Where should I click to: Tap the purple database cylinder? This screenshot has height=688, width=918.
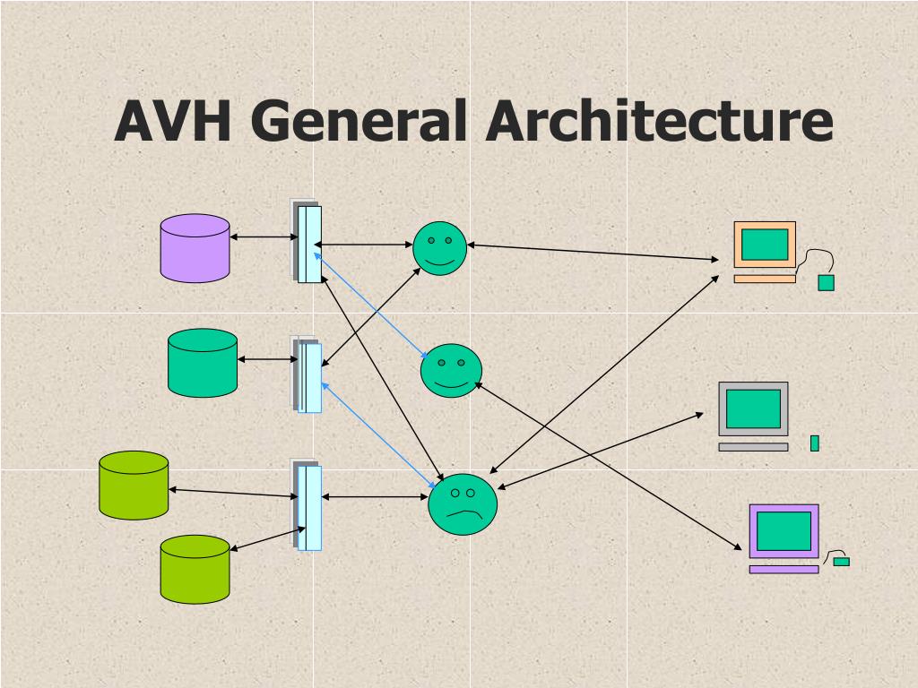(195, 248)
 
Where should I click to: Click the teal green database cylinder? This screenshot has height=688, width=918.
(203, 363)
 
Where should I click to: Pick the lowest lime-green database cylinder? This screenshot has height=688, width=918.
(195, 569)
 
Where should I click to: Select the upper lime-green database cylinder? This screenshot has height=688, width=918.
(134, 485)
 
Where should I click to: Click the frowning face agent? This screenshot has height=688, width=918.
(463, 505)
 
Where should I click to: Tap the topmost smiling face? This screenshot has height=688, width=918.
(439, 248)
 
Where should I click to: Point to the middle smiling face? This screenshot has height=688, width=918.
(451, 370)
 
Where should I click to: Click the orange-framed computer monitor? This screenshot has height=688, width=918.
(765, 245)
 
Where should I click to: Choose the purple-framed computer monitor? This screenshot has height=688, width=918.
(784, 532)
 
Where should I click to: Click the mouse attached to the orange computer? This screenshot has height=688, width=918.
(827, 282)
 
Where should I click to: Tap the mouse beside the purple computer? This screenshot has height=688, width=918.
(841, 562)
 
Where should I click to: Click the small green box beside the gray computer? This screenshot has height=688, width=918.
(815, 443)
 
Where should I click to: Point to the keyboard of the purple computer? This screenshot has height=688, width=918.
(784, 569)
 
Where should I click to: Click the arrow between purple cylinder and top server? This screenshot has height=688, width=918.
(264, 237)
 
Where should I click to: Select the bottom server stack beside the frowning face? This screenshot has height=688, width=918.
(307, 506)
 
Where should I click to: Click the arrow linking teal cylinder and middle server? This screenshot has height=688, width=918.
(267, 360)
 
